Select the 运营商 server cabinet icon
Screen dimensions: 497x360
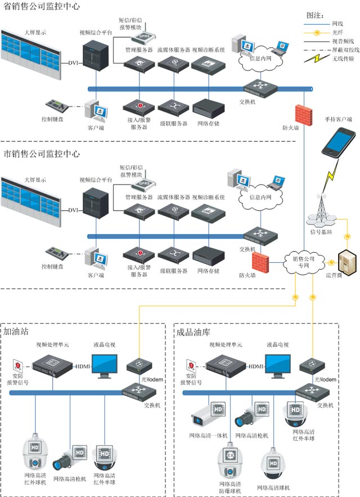click(344, 262)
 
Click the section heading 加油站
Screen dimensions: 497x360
click(16, 332)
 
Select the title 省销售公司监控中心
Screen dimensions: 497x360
click(42, 7)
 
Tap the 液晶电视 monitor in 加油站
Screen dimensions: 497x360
click(104, 367)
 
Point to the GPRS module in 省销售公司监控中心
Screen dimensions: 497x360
click(143, 37)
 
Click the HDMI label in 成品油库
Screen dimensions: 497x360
click(256, 366)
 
